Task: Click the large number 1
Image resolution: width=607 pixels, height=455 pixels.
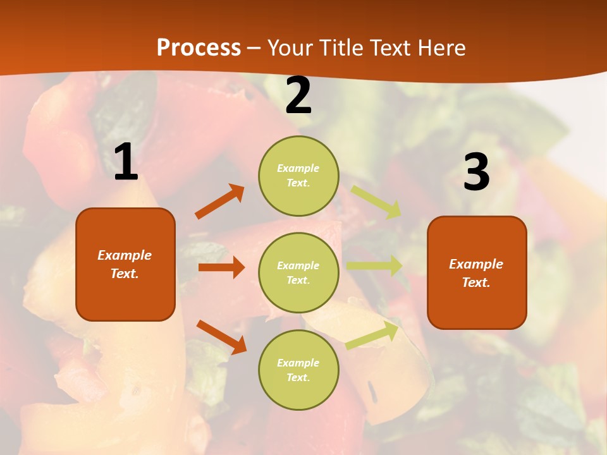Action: click(126, 162)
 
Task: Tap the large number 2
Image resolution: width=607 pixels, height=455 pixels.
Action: click(298, 96)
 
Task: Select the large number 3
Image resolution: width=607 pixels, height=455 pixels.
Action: click(476, 173)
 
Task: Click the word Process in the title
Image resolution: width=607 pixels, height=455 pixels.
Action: click(199, 47)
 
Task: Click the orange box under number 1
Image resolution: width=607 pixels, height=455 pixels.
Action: click(125, 264)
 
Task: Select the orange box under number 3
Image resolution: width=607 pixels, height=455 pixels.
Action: click(477, 273)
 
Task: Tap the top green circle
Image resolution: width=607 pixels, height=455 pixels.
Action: click(298, 175)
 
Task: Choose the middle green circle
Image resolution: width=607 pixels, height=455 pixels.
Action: click(298, 272)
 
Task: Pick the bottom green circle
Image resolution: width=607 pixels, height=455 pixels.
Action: click(298, 370)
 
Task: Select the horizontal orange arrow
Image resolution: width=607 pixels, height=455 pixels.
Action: click(221, 267)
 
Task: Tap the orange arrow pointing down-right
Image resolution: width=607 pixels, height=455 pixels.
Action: click(221, 337)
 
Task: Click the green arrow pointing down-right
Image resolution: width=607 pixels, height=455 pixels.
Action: click(377, 202)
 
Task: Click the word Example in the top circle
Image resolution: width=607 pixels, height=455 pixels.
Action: click(298, 168)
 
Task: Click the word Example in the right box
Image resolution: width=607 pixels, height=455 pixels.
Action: click(476, 264)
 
